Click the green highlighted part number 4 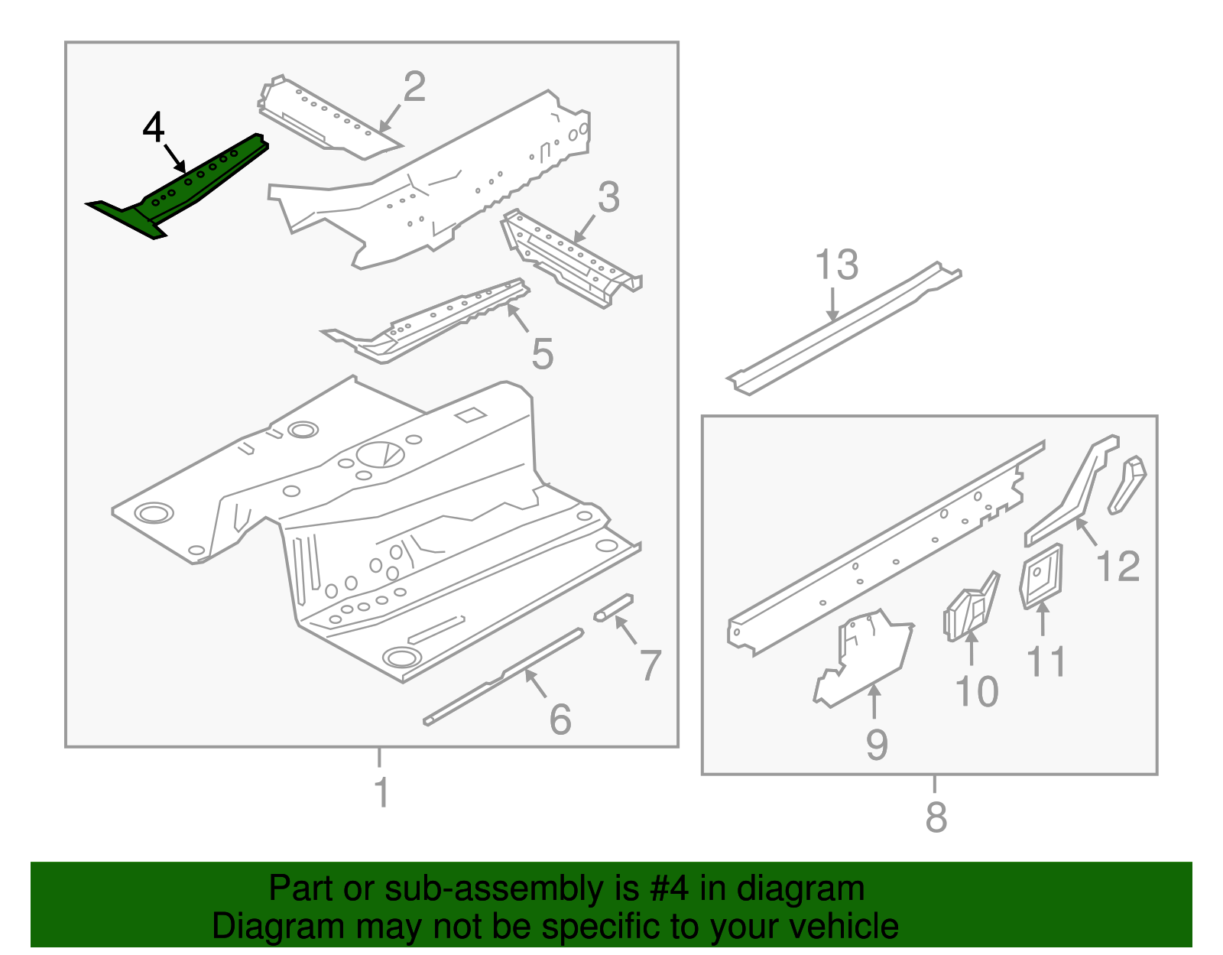click(x=183, y=187)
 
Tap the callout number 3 click(x=608, y=197)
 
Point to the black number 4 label click(x=154, y=127)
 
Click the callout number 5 click(x=542, y=355)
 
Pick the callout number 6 click(x=560, y=719)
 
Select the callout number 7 click(x=650, y=665)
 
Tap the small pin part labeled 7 click(x=614, y=607)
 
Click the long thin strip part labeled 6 click(x=504, y=676)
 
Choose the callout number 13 click(x=836, y=265)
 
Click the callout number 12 click(x=1118, y=567)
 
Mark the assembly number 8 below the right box click(x=936, y=817)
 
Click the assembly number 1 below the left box click(x=381, y=792)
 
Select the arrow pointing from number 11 click(x=1043, y=619)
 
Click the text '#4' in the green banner click(x=669, y=889)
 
